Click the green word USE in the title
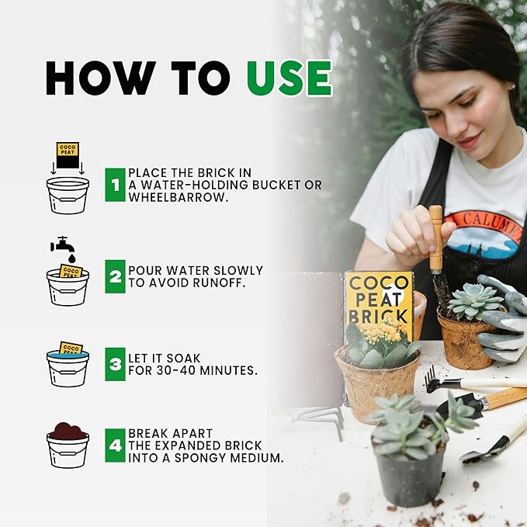pyautogui.click(x=290, y=78)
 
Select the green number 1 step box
pyautogui.click(x=116, y=185)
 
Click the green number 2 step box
pyautogui.click(x=116, y=276)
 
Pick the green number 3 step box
pyautogui.click(x=116, y=364)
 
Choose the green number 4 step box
pyautogui.click(x=116, y=446)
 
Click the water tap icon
pyautogui.click(x=63, y=246)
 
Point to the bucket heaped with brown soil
pyautogui.click(x=68, y=446)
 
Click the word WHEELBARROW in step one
pyautogui.click(x=179, y=197)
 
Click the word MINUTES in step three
pyautogui.click(x=228, y=371)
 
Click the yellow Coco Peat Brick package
pyautogui.click(x=379, y=303)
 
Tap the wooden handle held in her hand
pyautogui.click(x=436, y=238)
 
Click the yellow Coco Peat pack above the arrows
pyautogui.click(x=68, y=150)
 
